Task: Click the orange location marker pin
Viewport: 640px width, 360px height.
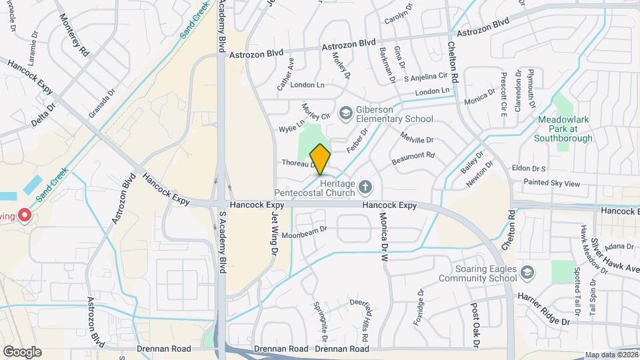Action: pos(321,159)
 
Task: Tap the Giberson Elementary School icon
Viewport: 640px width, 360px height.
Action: pos(345,113)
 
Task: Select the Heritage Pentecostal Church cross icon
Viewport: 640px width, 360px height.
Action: pos(365,186)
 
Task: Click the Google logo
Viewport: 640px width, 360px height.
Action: pos(22,351)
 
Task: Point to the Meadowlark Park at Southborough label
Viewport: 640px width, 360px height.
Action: pos(563,129)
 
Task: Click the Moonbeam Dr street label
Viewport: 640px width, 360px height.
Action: pos(305,231)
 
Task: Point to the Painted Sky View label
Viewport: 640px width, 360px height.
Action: pos(552,183)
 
